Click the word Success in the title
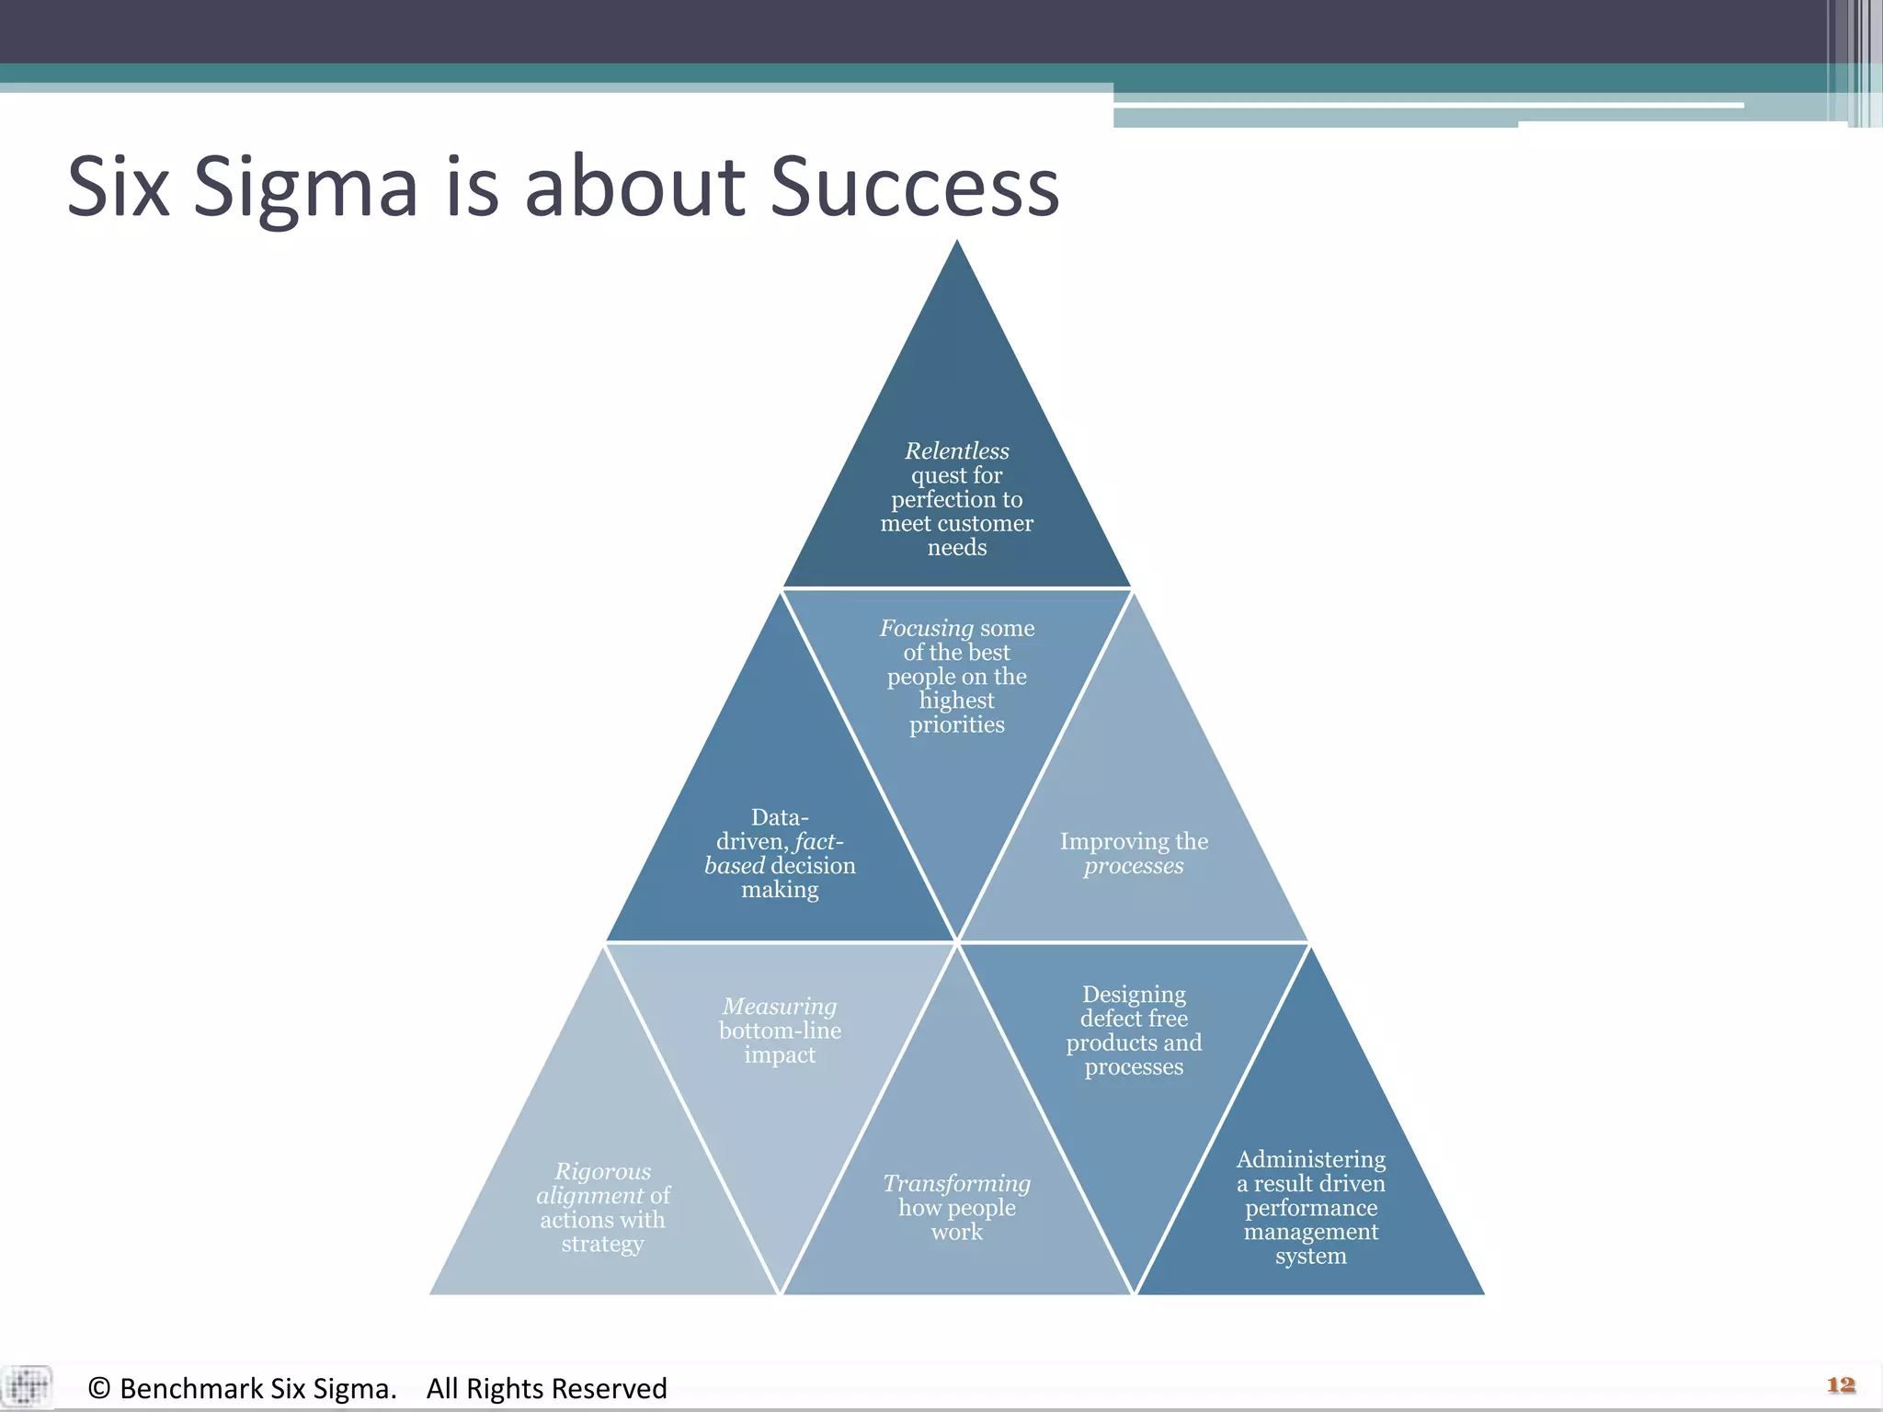tap(914, 188)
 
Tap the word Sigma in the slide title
tap(305, 188)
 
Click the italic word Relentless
tap(956, 450)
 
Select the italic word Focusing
tap(925, 629)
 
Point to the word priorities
tap(956, 724)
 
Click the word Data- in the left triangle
tap(780, 817)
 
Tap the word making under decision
tap(780, 890)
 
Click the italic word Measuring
tap(780, 1007)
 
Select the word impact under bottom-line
tap(780, 1054)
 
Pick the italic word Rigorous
tap(602, 1171)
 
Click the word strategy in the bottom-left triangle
tap(602, 1244)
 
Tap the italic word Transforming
tap(956, 1183)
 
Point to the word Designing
tap(1134, 995)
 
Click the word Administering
tap(1310, 1159)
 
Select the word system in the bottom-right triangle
tap(1310, 1256)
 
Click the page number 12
tap(1841, 1384)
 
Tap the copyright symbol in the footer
tap(99, 1388)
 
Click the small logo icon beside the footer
tap(28, 1386)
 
